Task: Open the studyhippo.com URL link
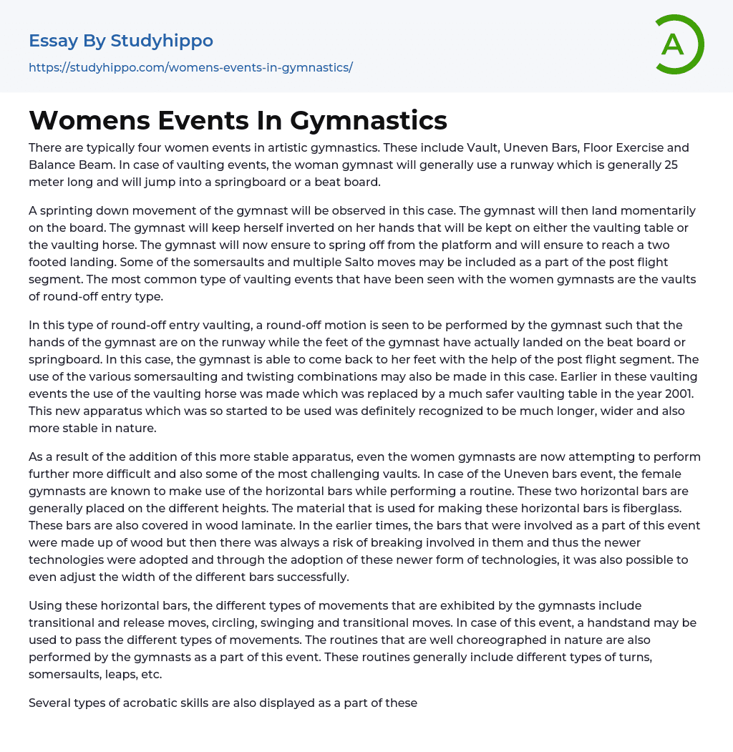(x=190, y=67)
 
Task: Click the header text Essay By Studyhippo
(x=121, y=41)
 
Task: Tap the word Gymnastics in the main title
(x=369, y=120)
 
